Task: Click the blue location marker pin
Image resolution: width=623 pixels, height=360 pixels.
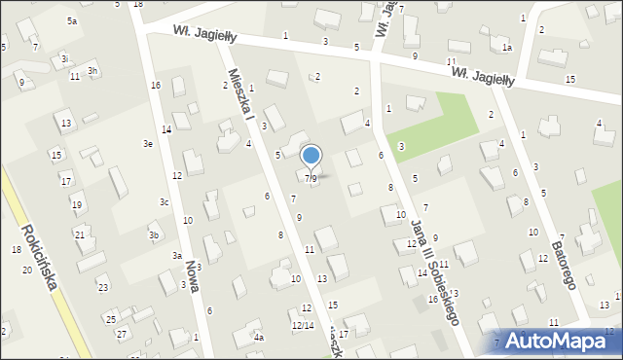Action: [311, 156]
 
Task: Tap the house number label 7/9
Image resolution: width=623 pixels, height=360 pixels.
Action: [311, 178]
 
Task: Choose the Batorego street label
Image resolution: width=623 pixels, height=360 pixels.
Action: [564, 260]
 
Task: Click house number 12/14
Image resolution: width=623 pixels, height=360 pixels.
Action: [303, 325]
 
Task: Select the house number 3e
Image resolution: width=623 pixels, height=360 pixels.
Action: [148, 144]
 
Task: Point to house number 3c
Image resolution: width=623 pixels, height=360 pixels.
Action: [165, 202]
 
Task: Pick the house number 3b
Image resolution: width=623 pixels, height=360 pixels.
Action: [153, 235]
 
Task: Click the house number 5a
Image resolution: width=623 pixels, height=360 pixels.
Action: [72, 20]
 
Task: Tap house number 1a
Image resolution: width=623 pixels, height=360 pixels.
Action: [506, 48]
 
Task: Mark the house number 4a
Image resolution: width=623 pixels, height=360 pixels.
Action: [259, 338]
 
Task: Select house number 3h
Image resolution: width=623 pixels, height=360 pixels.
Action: [92, 71]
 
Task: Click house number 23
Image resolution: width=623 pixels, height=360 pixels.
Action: [102, 287]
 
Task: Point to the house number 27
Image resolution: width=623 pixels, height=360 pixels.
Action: [122, 334]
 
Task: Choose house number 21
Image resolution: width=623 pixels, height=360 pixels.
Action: [80, 235]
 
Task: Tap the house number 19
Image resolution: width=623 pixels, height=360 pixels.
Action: [77, 204]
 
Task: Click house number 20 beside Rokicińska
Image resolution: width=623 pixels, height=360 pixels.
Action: [26, 270]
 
